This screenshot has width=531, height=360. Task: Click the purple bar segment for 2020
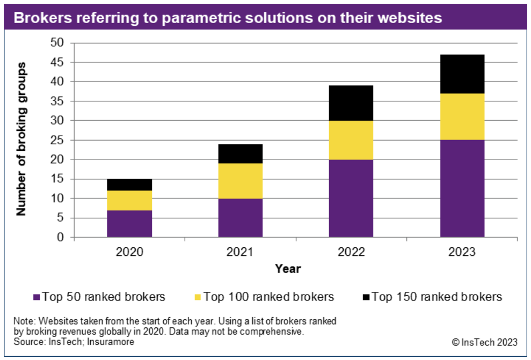(129, 223)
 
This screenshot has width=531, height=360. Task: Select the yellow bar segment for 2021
(240, 181)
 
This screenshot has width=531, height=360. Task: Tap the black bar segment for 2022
(351, 103)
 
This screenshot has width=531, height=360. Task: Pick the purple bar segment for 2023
(462, 188)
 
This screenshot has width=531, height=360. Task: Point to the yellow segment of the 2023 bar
(462, 117)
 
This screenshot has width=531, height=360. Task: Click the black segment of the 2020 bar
(129, 185)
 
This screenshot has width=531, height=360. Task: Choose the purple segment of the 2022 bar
(351, 198)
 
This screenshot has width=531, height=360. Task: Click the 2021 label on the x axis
(240, 251)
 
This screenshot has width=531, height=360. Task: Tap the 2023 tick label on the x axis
(462, 251)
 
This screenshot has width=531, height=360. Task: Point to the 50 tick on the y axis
(57, 43)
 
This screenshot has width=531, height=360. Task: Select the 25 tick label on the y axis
(57, 140)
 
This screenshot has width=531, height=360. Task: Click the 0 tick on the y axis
(61, 237)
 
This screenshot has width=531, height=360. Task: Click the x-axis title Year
(288, 269)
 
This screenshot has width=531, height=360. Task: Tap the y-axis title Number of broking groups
(21, 139)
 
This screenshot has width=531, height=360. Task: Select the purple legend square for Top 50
(37, 297)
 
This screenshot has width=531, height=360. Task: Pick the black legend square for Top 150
(366, 297)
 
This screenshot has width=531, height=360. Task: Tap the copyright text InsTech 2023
(484, 342)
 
